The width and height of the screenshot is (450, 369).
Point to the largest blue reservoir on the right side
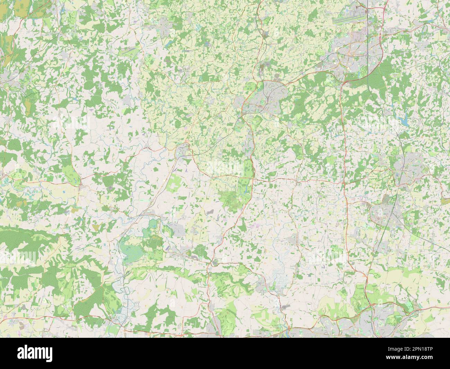click(x=403, y=120)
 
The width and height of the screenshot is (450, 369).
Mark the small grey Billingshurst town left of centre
click(x=182, y=151)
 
